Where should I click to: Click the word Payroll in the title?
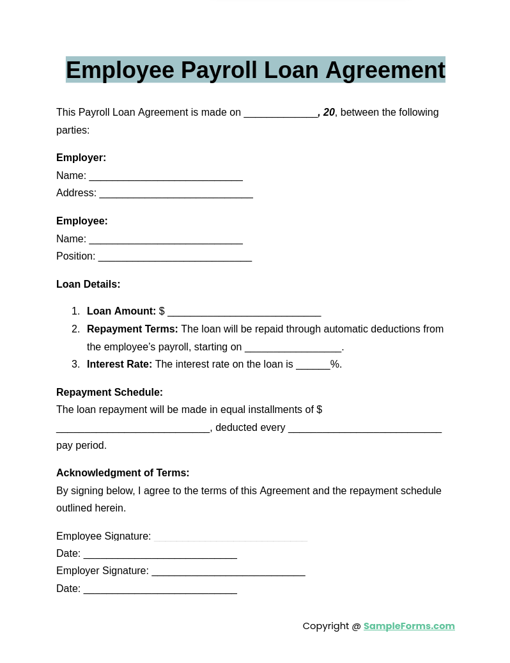[x=219, y=70]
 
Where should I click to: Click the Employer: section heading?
[x=81, y=158]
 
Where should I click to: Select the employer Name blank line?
[x=166, y=177]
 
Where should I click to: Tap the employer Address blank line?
[x=176, y=194]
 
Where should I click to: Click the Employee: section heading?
[x=82, y=221]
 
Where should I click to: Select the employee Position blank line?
[x=174, y=258]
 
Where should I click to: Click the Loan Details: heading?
[x=88, y=285]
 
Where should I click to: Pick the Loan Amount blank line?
[x=243, y=313]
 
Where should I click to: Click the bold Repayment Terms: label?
[x=132, y=329]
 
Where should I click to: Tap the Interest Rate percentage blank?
[x=313, y=366]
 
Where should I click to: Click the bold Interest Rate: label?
[x=120, y=364]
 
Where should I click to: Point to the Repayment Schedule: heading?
[x=109, y=393]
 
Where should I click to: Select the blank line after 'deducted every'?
[x=364, y=429]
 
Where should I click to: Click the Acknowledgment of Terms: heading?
[x=123, y=473]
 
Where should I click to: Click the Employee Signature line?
[x=230, y=538]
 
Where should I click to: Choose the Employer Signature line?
[x=228, y=572]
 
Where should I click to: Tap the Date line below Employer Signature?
[x=160, y=590]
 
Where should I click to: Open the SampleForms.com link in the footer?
[x=409, y=626]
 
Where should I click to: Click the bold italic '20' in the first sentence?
[x=328, y=113]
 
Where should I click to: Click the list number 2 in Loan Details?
[x=75, y=329]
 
